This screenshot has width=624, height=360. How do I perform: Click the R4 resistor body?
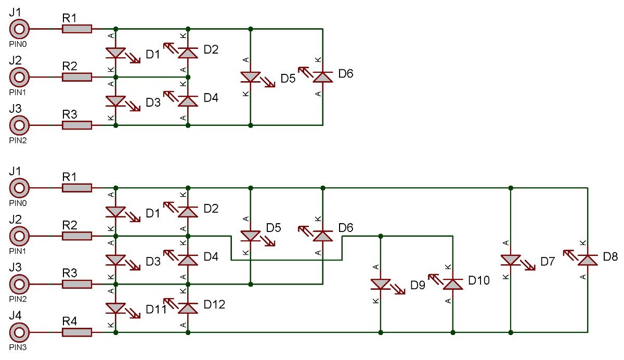point(77,332)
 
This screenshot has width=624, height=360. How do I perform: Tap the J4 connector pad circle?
point(19,332)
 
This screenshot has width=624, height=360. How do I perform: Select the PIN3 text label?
point(18,348)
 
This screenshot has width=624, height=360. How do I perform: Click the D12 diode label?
point(214,304)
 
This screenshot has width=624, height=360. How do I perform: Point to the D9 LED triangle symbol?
point(381,284)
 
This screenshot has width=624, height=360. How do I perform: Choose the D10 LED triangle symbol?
point(453,284)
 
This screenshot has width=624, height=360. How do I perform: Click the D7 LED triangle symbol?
point(510,260)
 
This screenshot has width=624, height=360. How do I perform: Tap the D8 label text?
point(610,256)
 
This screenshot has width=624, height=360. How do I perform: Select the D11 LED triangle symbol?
point(115,308)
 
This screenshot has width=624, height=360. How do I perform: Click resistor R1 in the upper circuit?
point(77,29)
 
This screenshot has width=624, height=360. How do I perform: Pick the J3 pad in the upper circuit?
point(19,125)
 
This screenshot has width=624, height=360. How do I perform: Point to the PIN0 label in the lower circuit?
point(18,203)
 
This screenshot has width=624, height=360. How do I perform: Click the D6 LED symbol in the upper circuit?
point(322,77)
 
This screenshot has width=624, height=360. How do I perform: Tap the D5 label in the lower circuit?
point(274,228)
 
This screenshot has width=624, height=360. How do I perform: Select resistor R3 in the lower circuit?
point(77,284)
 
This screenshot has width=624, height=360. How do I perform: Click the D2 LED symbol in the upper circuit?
point(188,53)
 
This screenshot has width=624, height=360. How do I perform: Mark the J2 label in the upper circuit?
point(15,60)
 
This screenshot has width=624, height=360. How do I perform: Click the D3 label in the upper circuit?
point(153,102)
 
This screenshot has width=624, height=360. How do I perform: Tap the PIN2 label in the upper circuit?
point(18,140)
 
